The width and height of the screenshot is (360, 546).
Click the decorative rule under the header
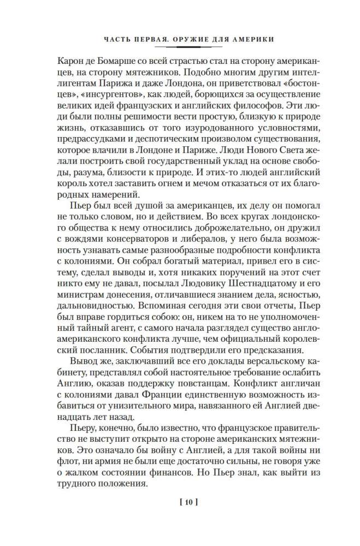click(x=180, y=48)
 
